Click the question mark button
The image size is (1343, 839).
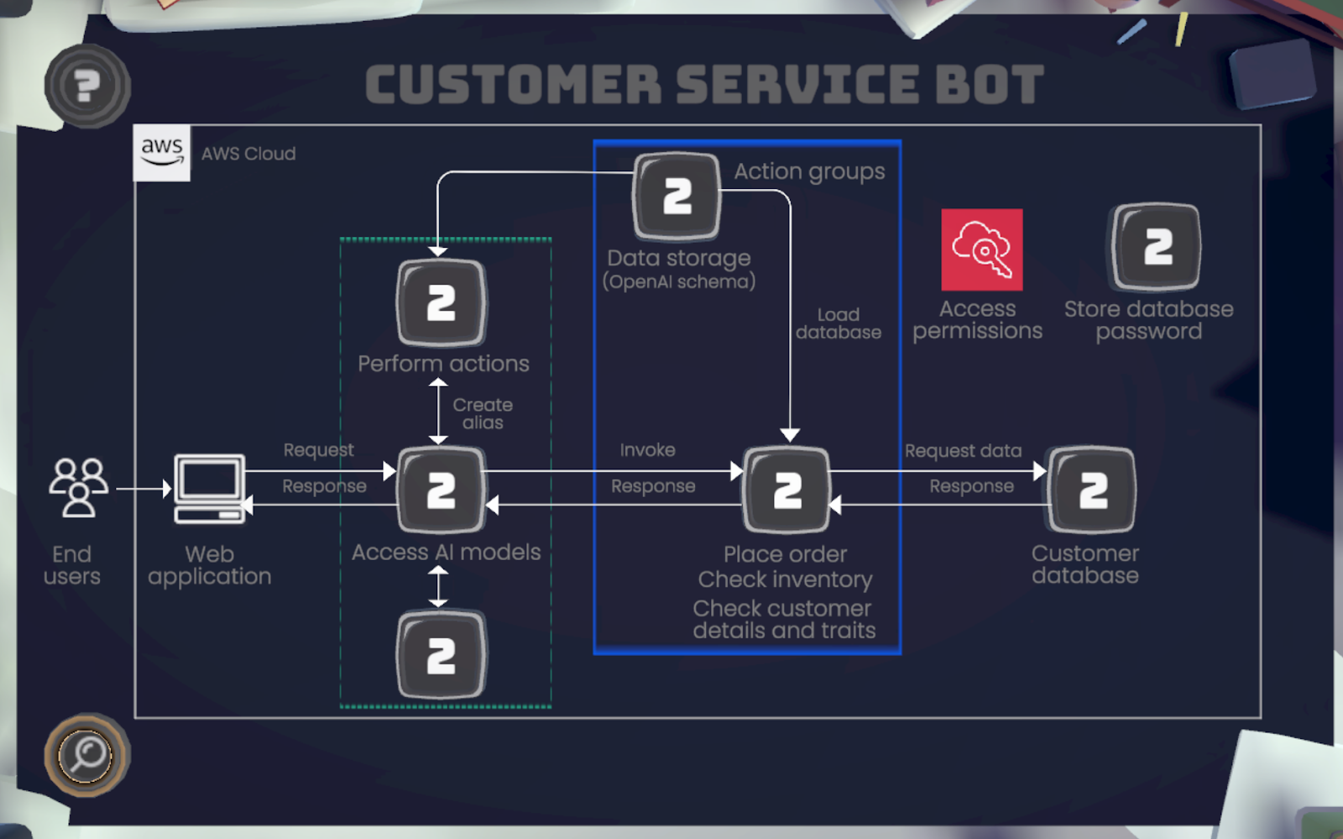click(87, 86)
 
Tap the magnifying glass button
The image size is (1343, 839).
click(87, 754)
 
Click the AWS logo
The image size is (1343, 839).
click(162, 153)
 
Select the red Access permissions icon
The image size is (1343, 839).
click(981, 249)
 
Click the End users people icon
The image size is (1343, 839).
click(78, 487)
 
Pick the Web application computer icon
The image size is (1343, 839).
click(209, 488)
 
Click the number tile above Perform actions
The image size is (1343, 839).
click(442, 303)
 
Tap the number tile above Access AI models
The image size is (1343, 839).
click(442, 490)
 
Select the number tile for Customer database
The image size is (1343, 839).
click(1091, 490)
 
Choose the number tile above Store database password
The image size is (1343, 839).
click(1156, 247)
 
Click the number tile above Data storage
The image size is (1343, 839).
click(677, 196)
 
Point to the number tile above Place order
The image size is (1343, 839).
click(786, 490)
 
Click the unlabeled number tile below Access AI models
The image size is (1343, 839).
click(442, 655)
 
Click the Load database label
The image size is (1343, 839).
click(838, 323)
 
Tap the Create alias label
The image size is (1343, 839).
click(483, 413)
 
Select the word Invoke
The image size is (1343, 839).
click(647, 450)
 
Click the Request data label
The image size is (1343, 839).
click(963, 451)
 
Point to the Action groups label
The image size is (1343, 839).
click(809, 171)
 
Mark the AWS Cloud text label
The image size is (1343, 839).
click(248, 154)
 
